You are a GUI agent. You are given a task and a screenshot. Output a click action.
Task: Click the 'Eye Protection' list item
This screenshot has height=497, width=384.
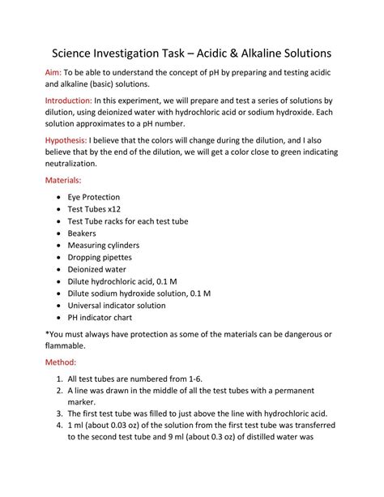pos(93,197)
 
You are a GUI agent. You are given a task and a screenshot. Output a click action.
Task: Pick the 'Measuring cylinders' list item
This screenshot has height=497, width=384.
pos(104,245)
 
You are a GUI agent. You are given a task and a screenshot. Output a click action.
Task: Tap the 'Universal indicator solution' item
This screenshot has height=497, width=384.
pos(117,306)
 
